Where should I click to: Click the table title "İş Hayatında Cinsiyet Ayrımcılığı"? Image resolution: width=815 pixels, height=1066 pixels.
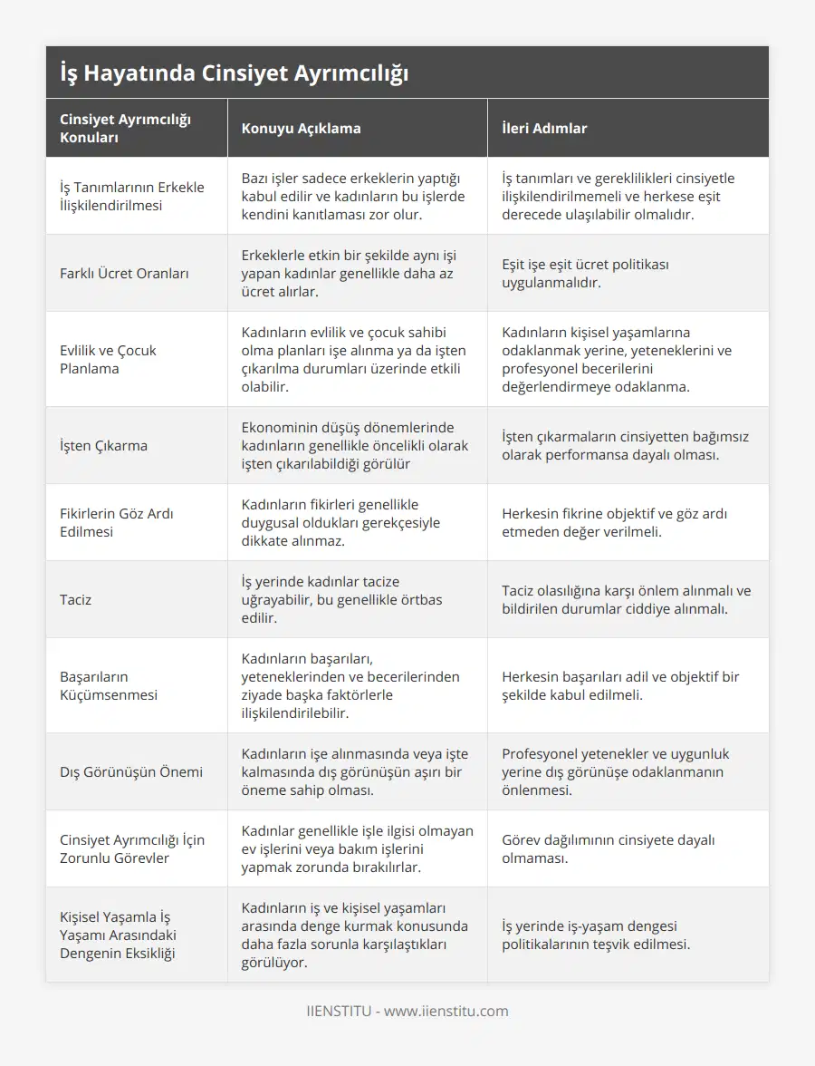234,73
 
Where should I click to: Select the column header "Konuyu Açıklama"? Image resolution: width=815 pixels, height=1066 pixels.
301,128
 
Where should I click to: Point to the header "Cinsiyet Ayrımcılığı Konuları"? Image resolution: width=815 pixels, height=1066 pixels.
125,128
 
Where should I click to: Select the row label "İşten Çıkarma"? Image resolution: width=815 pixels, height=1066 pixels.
103,445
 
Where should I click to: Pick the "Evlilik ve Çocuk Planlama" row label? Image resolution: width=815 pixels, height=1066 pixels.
108,359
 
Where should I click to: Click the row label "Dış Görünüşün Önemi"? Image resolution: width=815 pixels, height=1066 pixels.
131,771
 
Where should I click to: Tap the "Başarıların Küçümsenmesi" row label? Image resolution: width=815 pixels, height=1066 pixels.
109,685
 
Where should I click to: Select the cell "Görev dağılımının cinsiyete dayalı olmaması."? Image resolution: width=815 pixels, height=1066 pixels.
608,848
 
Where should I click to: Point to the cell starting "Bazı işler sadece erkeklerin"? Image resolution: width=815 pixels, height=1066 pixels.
356,196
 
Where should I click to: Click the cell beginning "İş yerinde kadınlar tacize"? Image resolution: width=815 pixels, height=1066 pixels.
341,599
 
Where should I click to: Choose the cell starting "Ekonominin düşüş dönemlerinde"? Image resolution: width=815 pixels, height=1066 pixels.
354,445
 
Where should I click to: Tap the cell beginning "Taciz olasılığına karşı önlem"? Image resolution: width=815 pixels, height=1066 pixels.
626,599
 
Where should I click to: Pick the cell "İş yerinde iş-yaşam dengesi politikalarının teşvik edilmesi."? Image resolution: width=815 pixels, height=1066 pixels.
596,935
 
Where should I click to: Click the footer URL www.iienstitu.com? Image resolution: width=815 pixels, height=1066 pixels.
446,1011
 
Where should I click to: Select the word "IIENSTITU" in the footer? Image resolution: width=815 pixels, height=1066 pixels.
338,1011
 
